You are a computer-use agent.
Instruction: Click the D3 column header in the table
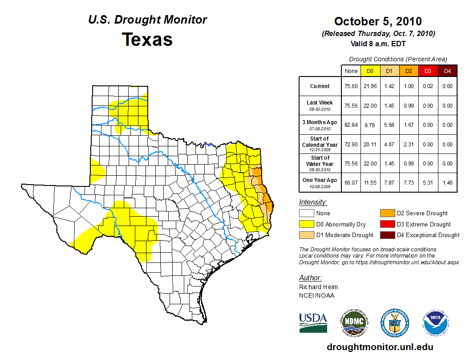(x=428, y=71)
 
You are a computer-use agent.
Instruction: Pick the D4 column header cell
(x=447, y=71)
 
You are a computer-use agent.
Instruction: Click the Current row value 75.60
(x=351, y=86)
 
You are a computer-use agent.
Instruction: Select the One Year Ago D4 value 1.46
(x=447, y=180)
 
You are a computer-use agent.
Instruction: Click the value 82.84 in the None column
(x=351, y=125)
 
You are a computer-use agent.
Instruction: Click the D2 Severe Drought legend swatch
(x=387, y=214)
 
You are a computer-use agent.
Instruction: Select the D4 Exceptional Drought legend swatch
(x=387, y=235)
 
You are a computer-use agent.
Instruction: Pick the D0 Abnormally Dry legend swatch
(x=307, y=224)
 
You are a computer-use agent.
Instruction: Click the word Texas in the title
(x=147, y=40)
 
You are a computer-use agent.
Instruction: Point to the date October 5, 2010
(x=378, y=21)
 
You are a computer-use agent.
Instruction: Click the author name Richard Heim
(x=318, y=287)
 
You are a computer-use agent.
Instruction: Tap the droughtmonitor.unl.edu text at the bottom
(x=380, y=347)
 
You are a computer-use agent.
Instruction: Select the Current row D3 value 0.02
(x=428, y=86)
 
